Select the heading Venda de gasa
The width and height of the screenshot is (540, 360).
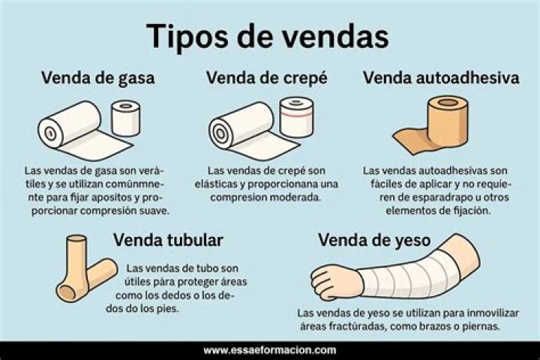point(98,78)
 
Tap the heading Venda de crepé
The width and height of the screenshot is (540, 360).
point(267,78)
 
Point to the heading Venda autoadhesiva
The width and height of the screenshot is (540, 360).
point(441,78)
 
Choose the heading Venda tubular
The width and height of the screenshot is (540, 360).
point(169,240)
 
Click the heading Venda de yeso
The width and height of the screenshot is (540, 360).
point(374,241)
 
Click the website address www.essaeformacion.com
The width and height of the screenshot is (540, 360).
point(270,351)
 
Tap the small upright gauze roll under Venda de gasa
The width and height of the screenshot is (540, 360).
point(126,118)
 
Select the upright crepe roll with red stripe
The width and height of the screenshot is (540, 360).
point(296,117)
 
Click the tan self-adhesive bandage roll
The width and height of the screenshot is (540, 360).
point(448,121)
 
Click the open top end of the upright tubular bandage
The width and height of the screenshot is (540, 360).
point(76,238)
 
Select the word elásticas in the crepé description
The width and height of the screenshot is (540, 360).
point(216,184)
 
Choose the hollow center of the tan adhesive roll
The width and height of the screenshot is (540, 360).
point(448,102)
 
